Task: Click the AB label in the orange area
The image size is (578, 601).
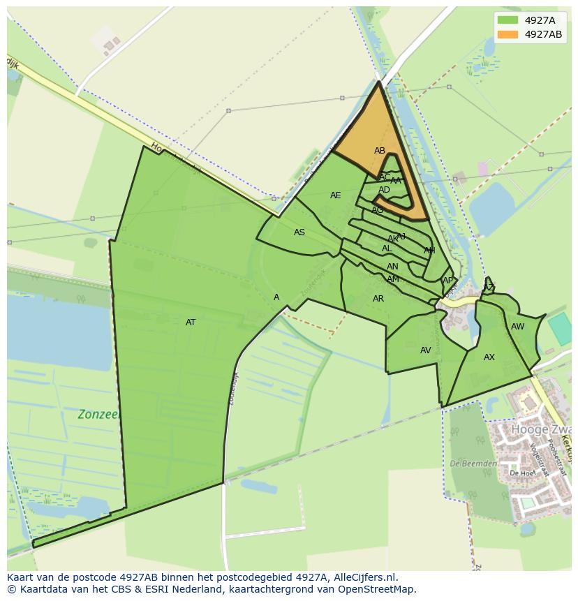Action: (x=380, y=151)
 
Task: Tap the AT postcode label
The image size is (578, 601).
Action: (x=191, y=322)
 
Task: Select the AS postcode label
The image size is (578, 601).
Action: (x=299, y=232)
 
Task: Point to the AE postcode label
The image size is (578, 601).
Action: (x=336, y=195)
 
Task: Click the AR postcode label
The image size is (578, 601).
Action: (x=378, y=299)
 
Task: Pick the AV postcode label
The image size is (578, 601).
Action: (x=426, y=350)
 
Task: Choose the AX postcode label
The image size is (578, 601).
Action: (x=489, y=357)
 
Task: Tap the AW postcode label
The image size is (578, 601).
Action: (x=517, y=327)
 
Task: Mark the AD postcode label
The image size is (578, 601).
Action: (x=385, y=190)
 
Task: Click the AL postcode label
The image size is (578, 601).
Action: (x=387, y=248)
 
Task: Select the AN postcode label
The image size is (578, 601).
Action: (x=392, y=267)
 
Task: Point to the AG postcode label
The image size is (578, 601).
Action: (x=378, y=210)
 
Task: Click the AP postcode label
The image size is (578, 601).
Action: (x=447, y=281)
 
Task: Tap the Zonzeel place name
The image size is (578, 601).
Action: (x=100, y=414)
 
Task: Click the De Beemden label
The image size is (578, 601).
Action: (x=473, y=463)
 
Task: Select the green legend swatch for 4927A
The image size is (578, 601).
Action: (x=508, y=20)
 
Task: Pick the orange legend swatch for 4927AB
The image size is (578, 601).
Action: (x=508, y=34)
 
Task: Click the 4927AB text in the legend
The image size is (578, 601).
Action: (x=543, y=34)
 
